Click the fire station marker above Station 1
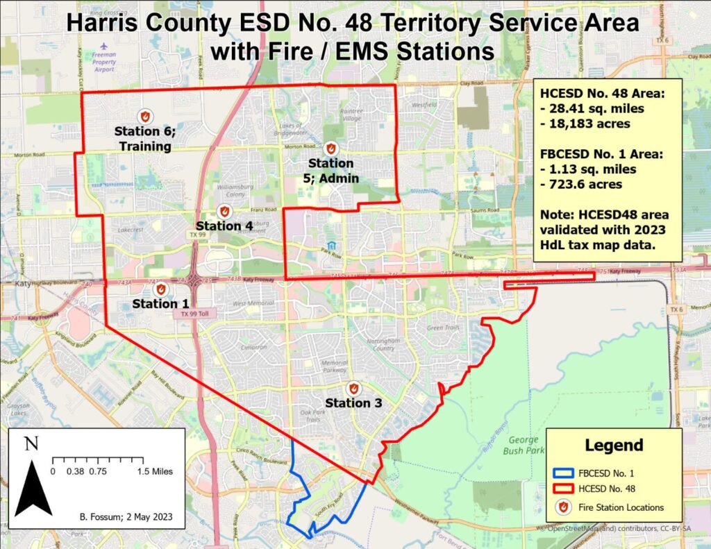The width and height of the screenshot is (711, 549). [161, 289]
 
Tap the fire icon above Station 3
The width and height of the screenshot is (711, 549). [353, 389]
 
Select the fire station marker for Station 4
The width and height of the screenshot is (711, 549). [224, 211]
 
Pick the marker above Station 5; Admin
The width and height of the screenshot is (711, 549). [331, 149]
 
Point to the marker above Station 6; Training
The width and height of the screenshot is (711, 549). [145, 116]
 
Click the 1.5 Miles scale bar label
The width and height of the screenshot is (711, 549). [154, 471]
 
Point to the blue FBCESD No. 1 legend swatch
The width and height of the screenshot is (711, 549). [564, 473]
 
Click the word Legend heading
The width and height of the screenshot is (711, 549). [614, 445]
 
